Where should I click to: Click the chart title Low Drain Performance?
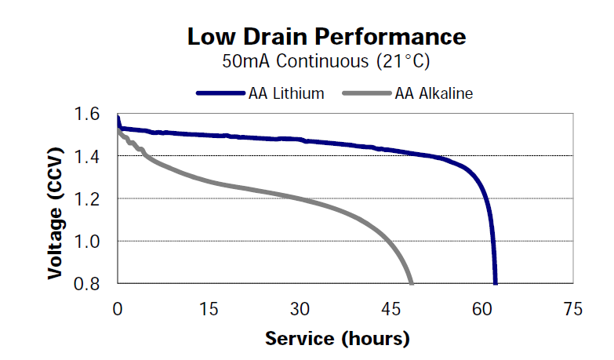click(x=326, y=36)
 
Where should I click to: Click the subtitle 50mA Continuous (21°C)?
click(x=326, y=60)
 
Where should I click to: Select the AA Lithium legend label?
click(x=285, y=93)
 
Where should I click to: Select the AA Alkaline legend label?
click(x=434, y=93)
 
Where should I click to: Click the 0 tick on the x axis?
click(x=118, y=308)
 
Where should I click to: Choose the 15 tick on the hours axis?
click(x=209, y=308)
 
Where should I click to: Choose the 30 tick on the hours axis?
click(x=300, y=308)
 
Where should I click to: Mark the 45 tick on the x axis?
click(x=391, y=308)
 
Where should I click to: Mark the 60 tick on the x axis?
click(x=482, y=308)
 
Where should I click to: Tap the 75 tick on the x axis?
click(x=573, y=308)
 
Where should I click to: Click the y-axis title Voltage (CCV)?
click(x=55, y=200)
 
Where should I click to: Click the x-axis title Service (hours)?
click(x=337, y=339)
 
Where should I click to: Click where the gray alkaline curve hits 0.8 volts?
click(x=411, y=282)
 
